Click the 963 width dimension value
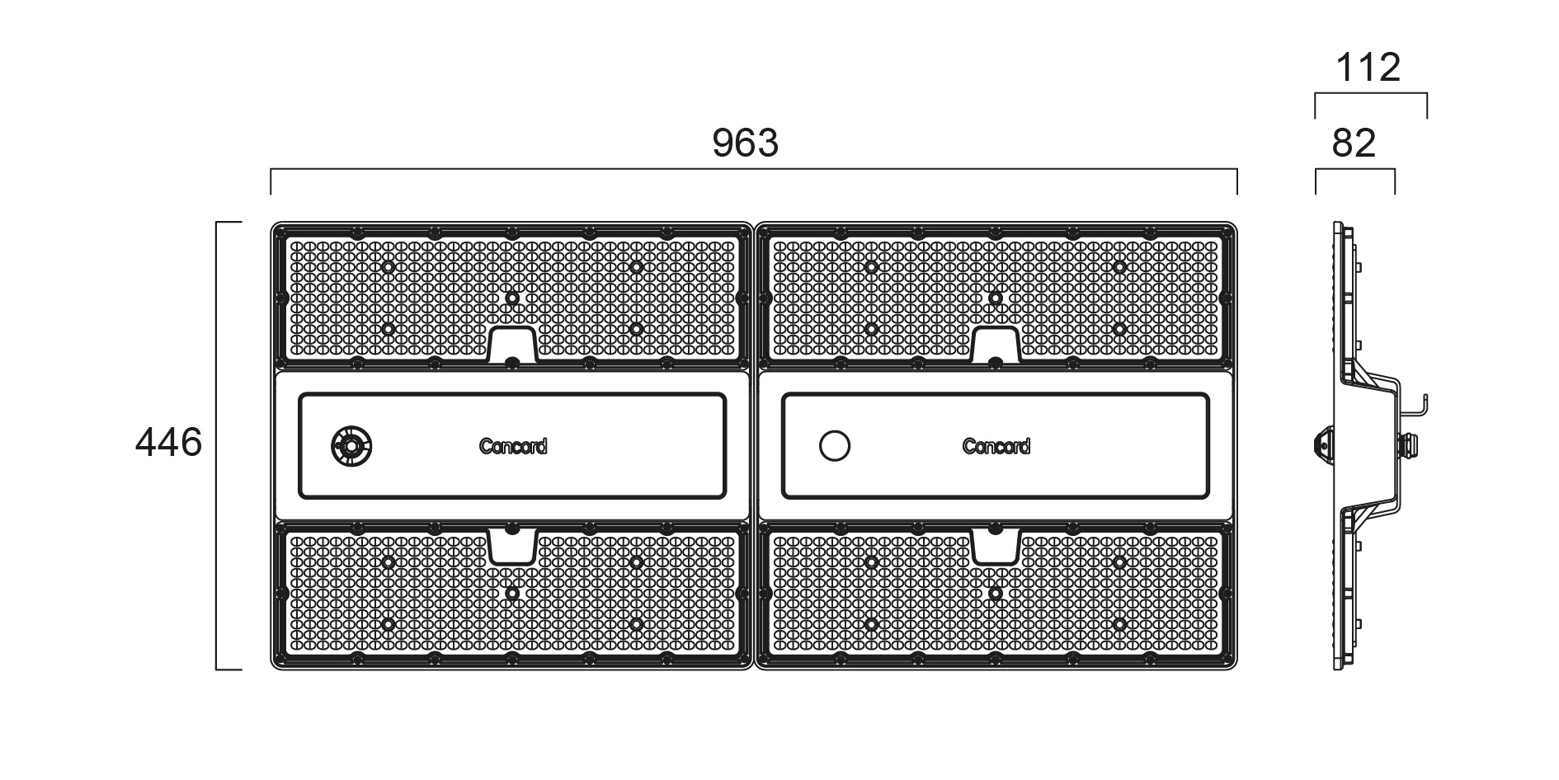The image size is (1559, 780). click(x=745, y=143)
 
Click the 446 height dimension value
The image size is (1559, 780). click(x=168, y=443)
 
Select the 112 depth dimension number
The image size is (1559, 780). click(x=1368, y=68)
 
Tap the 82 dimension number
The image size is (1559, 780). click(x=1354, y=143)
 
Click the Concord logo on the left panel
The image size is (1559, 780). click(x=513, y=446)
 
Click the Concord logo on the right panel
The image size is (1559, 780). click(x=996, y=446)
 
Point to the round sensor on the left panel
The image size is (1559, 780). click(x=351, y=446)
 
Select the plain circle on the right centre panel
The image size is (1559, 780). click(x=835, y=446)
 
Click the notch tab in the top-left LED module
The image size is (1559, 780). click(x=512, y=344)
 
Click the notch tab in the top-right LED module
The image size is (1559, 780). click(x=996, y=344)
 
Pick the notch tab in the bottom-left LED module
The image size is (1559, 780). click(x=512, y=547)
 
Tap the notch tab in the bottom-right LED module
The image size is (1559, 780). click(x=996, y=547)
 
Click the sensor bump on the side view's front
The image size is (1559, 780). click(x=1320, y=446)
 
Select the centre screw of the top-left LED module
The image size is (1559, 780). click(x=512, y=298)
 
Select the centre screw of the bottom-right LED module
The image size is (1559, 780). click(x=996, y=593)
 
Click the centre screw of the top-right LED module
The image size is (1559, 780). click(x=996, y=298)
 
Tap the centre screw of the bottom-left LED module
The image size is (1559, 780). click(x=512, y=593)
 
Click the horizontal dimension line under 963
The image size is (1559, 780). click(x=754, y=170)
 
